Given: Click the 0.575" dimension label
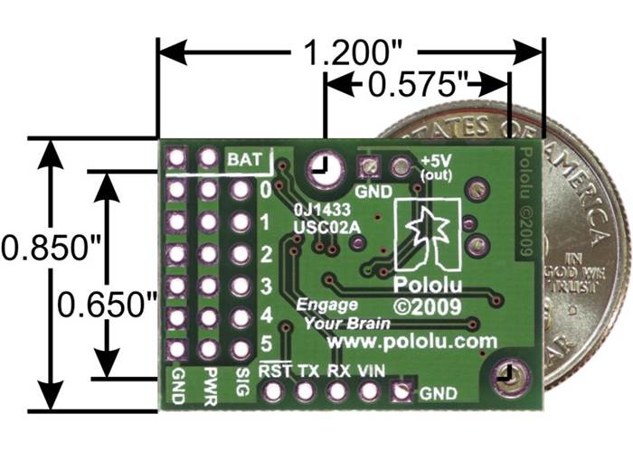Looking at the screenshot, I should [412, 87].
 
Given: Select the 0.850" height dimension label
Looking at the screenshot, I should [37, 246].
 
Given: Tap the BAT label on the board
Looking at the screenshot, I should [244, 160].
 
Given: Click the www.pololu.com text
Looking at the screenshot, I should [413, 341].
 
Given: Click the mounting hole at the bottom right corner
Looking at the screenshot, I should [503, 373].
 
